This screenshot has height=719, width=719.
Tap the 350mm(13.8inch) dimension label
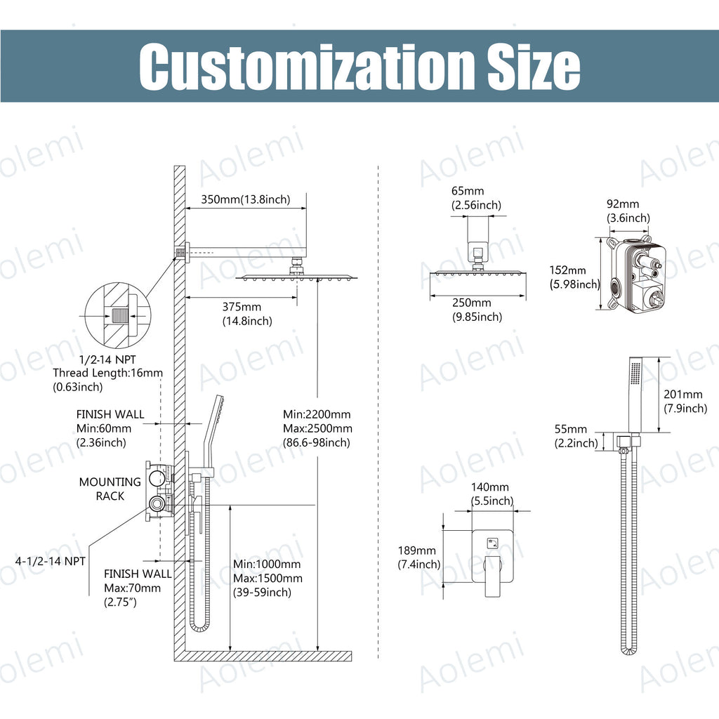click(x=246, y=199)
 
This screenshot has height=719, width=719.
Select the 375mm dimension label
click(x=242, y=307)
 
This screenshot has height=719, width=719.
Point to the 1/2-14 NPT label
click(x=107, y=359)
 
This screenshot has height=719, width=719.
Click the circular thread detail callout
click(x=117, y=316)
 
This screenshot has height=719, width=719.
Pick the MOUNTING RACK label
click(x=110, y=489)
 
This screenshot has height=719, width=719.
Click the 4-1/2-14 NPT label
click(x=51, y=561)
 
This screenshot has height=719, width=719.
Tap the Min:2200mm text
click(x=317, y=414)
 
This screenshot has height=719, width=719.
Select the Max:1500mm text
click(x=268, y=579)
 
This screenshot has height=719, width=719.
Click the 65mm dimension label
click(x=468, y=191)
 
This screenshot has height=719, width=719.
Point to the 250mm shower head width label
click(x=472, y=303)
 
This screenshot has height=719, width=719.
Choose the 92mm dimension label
click(x=623, y=204)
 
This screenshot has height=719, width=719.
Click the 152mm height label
click(x=567, y=270)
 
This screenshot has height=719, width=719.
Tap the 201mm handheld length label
click(x=683, y=394)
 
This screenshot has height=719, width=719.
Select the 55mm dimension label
click(x=571, y=429)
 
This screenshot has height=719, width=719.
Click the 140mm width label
click(x=489, y=487)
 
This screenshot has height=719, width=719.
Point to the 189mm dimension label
click(x=417, y=550)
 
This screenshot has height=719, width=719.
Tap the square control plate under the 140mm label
click(x=493, y=556)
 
